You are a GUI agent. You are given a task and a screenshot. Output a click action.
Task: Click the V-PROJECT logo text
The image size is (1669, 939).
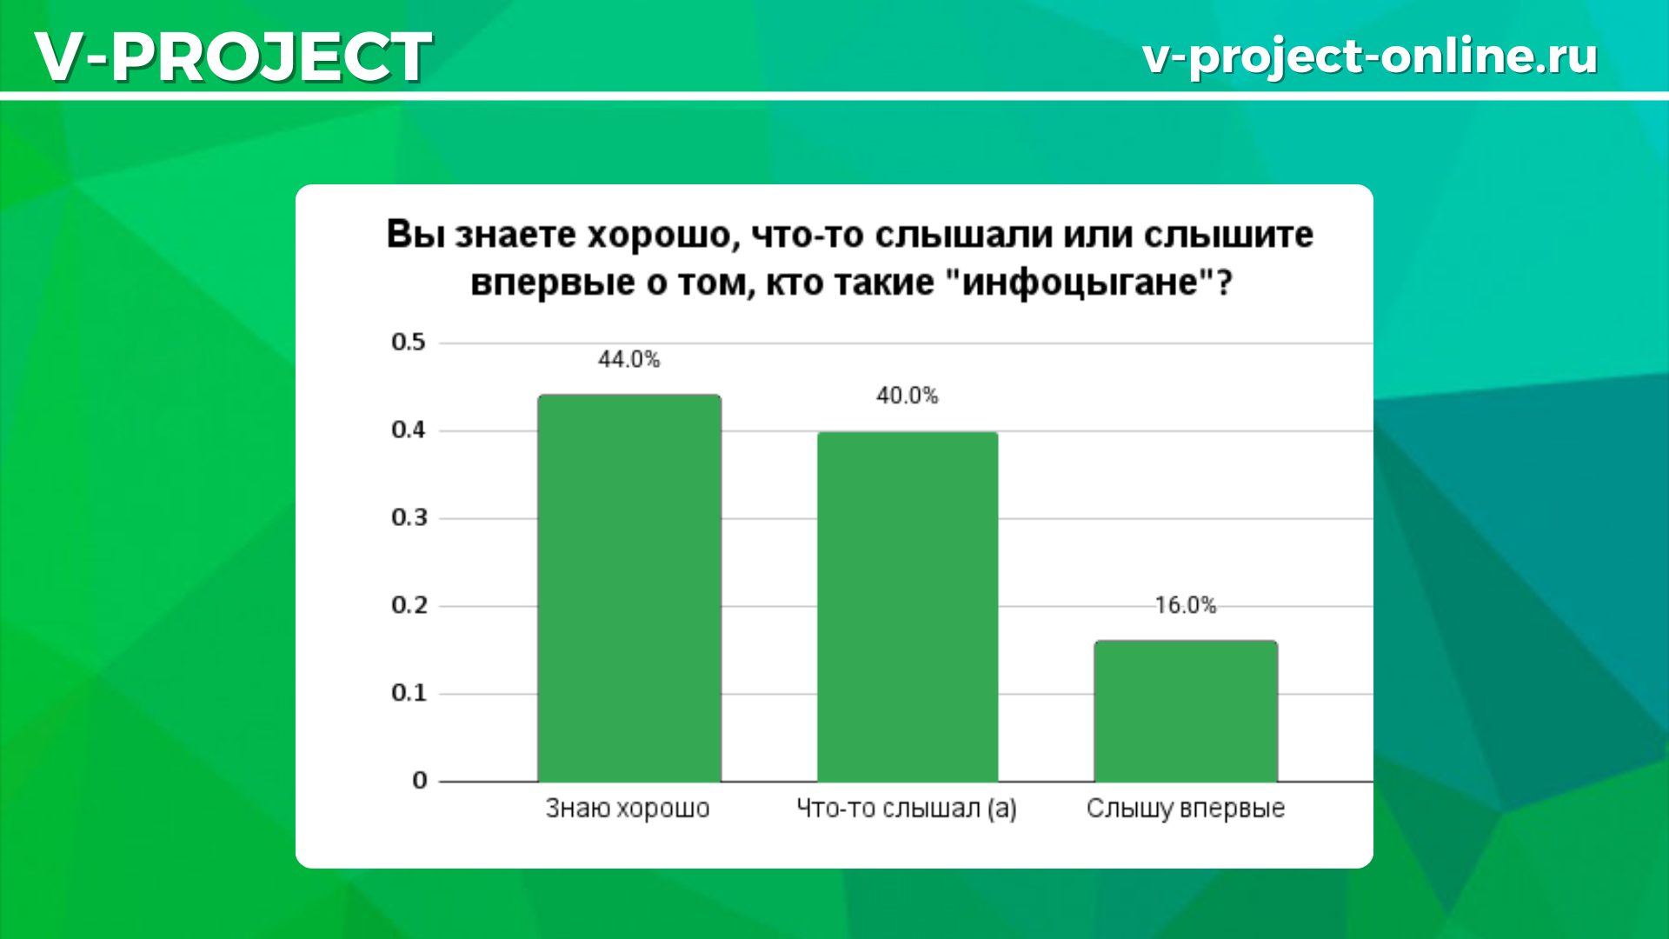(x=233, y=57)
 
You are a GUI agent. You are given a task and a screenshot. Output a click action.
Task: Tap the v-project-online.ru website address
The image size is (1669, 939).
(x=1370, y=57)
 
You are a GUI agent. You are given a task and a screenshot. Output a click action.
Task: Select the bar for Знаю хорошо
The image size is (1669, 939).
(x=629, y=588)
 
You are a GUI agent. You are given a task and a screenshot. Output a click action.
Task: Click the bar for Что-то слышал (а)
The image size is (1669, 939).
(x=908, y=607)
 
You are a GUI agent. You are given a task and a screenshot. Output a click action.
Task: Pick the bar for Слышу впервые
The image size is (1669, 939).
(x=1186, y=711)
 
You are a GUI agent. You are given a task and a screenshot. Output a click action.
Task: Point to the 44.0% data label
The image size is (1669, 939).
(x=628, y=359)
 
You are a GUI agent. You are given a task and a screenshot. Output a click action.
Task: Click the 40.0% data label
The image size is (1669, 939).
(x=908, y=396)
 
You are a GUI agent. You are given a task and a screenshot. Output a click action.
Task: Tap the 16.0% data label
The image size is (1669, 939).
(x=1186, y=605)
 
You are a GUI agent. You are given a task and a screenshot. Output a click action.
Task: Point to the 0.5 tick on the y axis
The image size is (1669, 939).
(x=409, y=342)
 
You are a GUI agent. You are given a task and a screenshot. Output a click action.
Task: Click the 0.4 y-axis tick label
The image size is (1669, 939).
(x=409, y=430)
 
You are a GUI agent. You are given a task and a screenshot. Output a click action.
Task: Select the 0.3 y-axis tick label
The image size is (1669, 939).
(x=409, y=517)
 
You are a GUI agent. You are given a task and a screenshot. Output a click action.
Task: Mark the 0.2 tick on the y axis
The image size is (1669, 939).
(x=409, y=605)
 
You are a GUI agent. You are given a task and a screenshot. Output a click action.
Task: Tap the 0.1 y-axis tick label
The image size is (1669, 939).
(x=409, y=693)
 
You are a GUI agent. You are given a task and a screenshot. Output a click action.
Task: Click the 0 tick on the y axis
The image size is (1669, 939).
(x=420, y=781)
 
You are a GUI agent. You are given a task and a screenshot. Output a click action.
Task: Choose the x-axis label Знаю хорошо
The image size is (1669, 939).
(x=628, y=809)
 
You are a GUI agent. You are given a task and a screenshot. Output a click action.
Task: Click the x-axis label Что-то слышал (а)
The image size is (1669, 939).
(x=907, y=809)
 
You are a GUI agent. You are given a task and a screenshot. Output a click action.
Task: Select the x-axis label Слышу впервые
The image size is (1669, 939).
(x=1186, y=809)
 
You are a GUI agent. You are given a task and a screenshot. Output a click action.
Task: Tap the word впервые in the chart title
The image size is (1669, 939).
(x=553, y=283)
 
